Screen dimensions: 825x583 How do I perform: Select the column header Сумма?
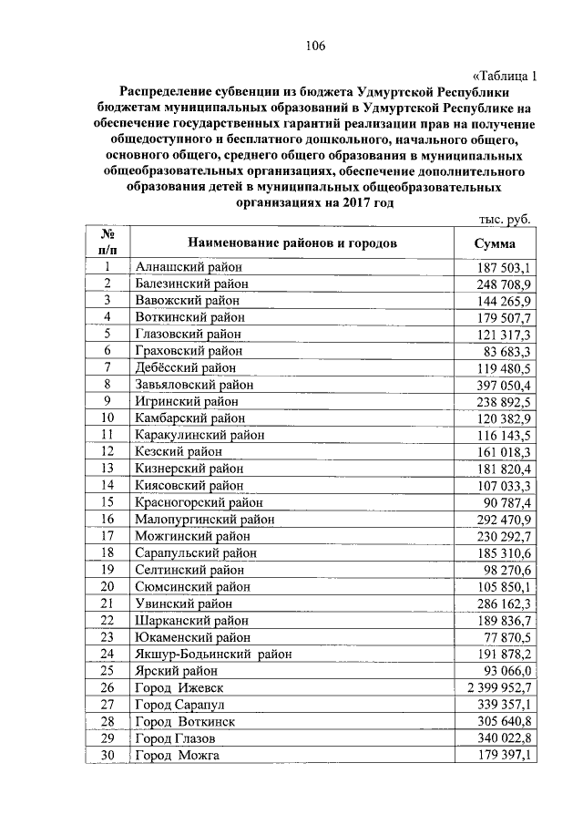coord(495,243)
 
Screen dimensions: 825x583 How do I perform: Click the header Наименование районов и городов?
coord(292,243)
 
